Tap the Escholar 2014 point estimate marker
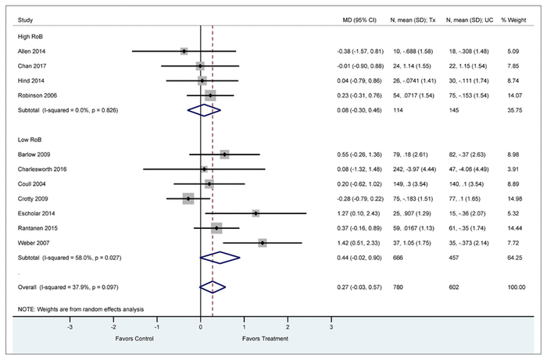pyautogui.click(x=256, y=212)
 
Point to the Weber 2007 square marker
pyautogui.click(x=263, y=243)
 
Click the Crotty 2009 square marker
pyautogui.click(x=188, y=198)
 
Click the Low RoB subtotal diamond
pyautogui.click(x=220, y=257)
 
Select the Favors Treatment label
pyautogui.click(x=266, y=339)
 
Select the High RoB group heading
pyautogui.click(x=30, y=36)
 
